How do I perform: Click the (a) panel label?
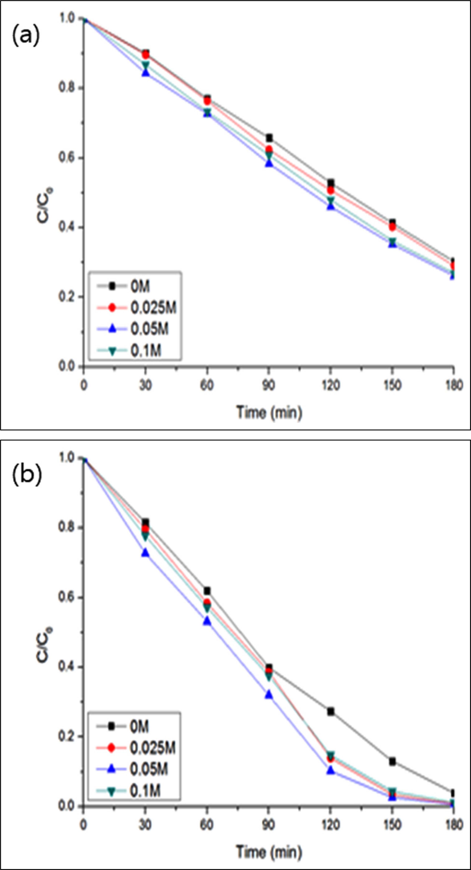26,36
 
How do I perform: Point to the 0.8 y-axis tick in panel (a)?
67,88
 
